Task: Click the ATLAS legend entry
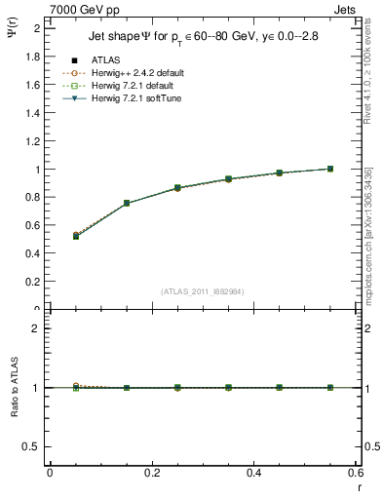click(x=107, y=61)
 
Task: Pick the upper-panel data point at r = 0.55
click(x=330, y=169)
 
